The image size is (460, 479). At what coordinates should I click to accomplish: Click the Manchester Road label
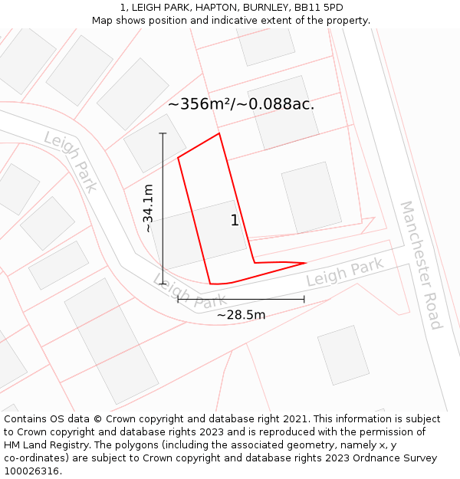pos(421,264)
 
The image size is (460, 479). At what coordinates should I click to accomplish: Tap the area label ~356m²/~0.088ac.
pos(242,104)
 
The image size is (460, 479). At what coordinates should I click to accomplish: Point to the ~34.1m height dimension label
pos(148,208)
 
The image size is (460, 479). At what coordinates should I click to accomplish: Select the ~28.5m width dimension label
pos(241,314)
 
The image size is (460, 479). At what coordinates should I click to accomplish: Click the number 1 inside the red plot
pos(235,221)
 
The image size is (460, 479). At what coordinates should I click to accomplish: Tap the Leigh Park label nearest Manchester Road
pos(344,273)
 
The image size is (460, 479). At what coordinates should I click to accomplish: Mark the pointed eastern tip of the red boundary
pos(306,263)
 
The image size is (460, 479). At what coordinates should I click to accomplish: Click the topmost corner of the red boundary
pos(219,133)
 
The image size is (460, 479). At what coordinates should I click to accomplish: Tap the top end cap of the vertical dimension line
pos(163,133)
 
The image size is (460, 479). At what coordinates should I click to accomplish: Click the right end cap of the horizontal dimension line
pos(304,299)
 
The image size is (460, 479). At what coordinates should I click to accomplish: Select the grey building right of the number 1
pos(311,198)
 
